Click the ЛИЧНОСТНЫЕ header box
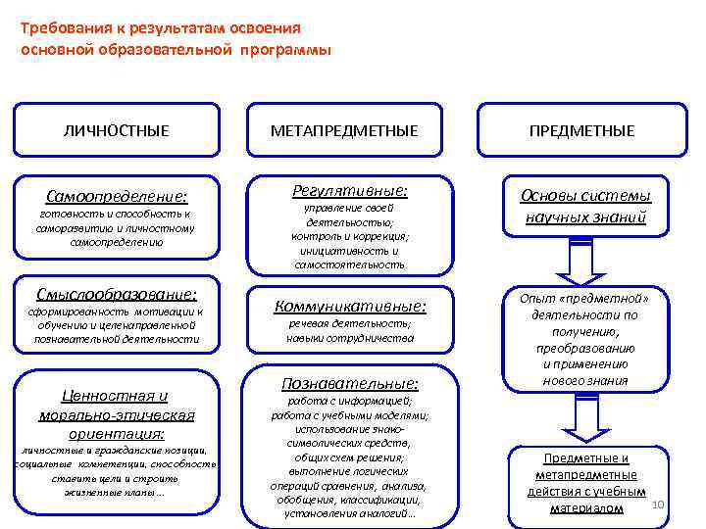point(117,130)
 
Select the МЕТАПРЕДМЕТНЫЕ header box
point(350,130)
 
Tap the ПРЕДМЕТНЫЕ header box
point(586,130)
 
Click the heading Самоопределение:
point(117,195)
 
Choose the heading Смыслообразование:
point(117,293)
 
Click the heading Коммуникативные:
point(350,305)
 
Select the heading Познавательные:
point(350,382)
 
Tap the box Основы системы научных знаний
point(586,206)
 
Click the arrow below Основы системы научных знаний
point(586,259)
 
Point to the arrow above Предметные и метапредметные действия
point(586,419)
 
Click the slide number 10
point(658,504)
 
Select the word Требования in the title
point(60,28)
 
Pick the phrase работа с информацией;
point(350,400)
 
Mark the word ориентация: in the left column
point(117,432)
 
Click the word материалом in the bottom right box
point(586,508)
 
